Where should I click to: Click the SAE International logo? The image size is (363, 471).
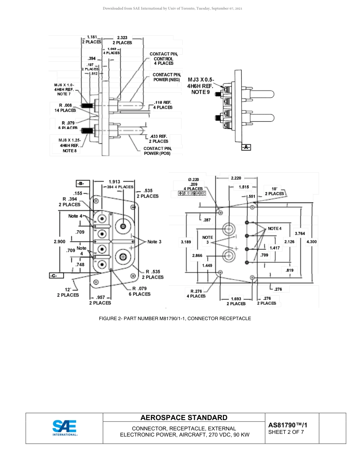[x=65, y=428]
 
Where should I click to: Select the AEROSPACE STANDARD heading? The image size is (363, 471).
[x=184, y=418]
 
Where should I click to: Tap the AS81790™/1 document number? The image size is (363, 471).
[x=288, y=425]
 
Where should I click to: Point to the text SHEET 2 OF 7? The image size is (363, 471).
[x=286, y=432]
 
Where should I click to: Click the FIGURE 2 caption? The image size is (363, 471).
[x=175, y=318]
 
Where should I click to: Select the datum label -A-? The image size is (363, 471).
[x=246, y=147]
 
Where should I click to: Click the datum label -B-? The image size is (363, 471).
[x=82, y=183]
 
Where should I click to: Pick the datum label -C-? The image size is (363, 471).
[x=56, y=275]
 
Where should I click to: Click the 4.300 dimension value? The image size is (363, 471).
[x=311, y=242]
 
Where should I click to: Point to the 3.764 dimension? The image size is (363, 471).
[x=300, y=233]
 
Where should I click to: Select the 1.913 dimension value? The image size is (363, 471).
[x=115, y=182]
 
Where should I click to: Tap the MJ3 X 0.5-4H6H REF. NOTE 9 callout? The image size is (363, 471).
[x=201, y=86]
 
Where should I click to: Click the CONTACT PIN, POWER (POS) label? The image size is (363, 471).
[x=157, y=151]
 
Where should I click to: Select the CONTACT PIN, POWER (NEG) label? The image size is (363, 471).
[x=166, y=77]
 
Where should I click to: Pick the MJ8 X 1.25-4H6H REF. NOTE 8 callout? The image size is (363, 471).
[x=70, y=146]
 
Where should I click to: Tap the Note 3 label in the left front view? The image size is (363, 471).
[x=154, y=242]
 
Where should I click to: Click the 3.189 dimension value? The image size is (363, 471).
[x=186, y=242]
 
